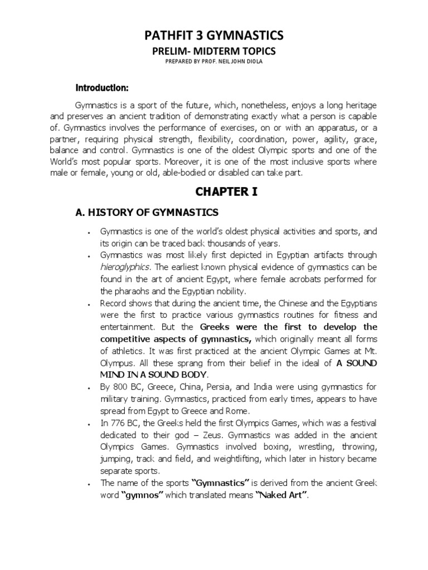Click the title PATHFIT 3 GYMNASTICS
point(214,36)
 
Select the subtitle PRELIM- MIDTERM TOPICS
point(214,51)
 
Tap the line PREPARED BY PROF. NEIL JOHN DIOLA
point(214,62)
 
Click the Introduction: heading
point(103,88)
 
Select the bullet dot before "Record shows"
point(89,304)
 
